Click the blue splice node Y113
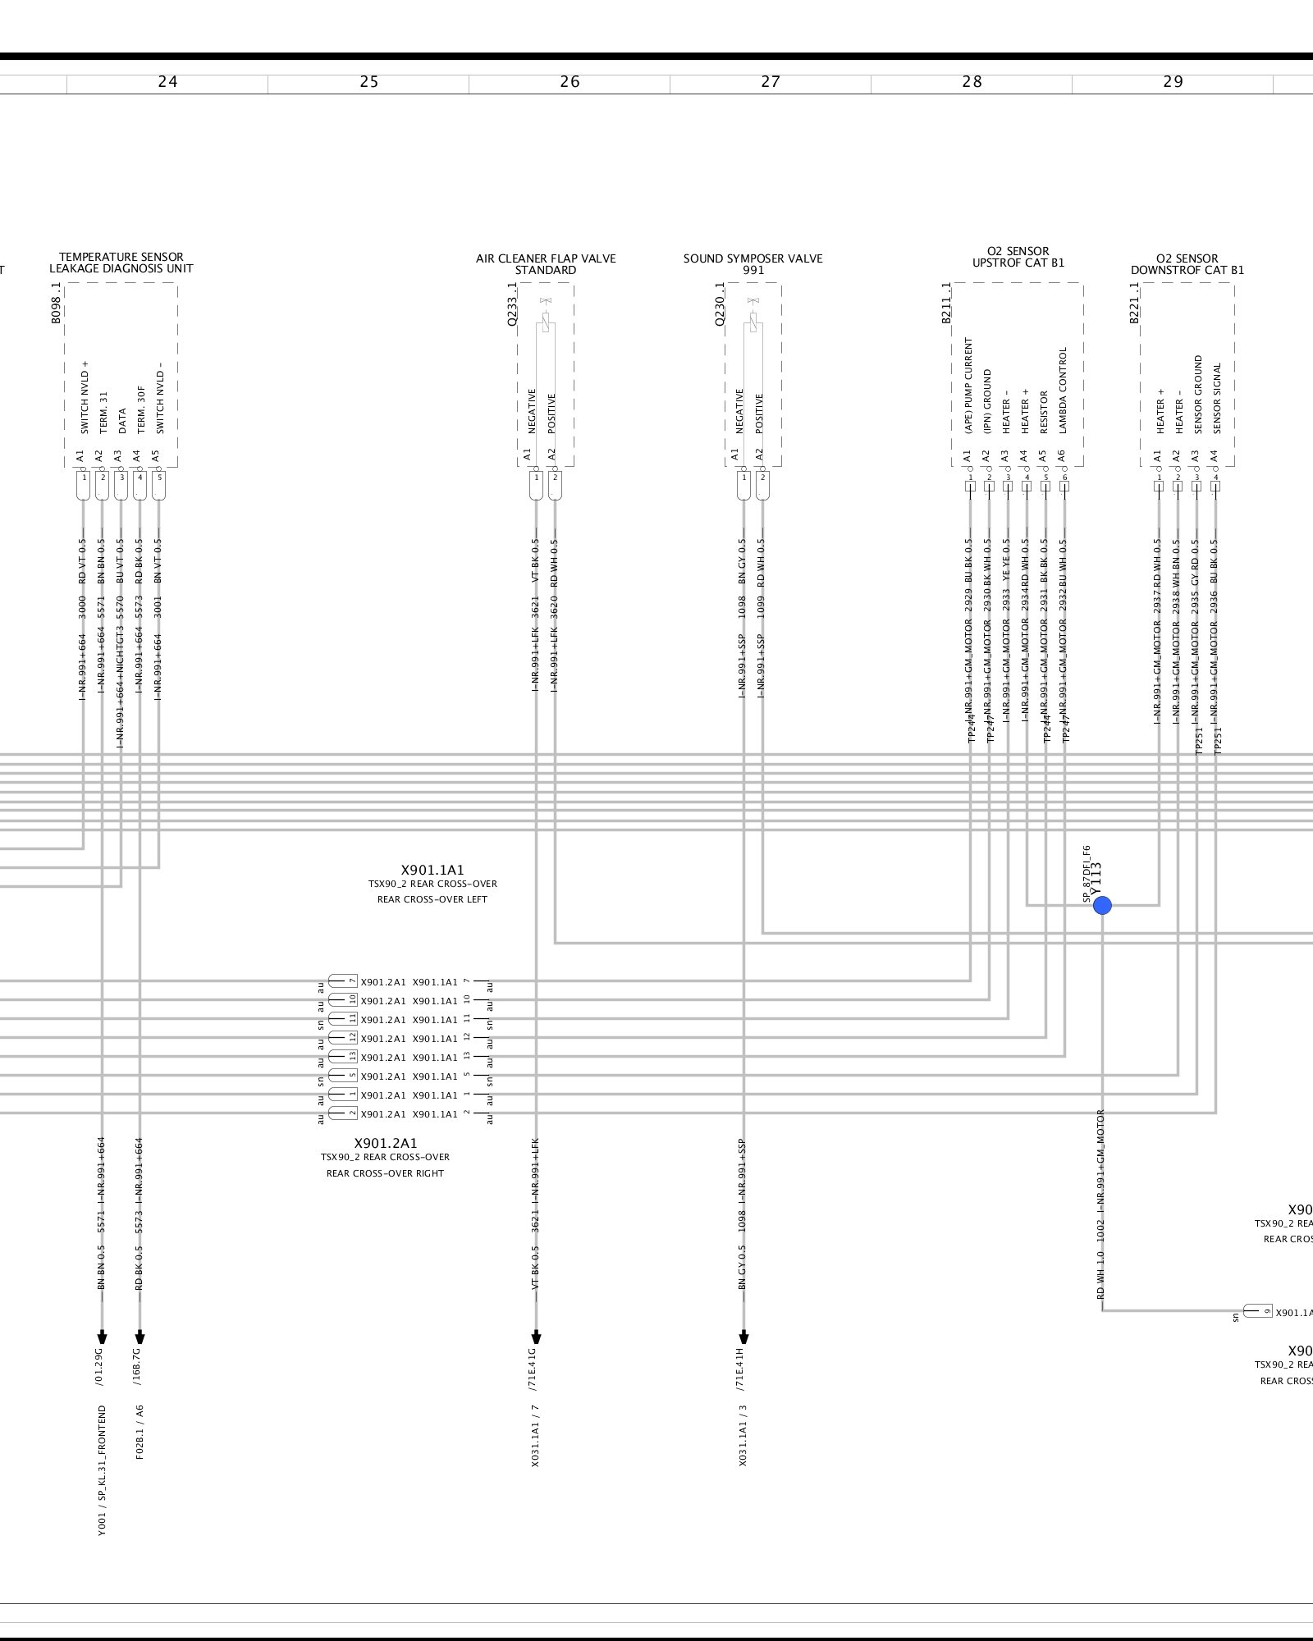[1102, 906]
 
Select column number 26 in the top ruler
[570, 81]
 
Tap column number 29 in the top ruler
[1173, 81]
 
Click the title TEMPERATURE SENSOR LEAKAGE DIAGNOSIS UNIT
[121, 263]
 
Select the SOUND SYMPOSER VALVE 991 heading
[753, 264]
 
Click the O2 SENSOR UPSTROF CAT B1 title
[1018, 257]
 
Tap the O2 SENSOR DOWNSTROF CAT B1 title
[1187, 264]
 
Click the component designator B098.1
[57, 304]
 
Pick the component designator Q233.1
[512, 305]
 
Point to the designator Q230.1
[720, 305]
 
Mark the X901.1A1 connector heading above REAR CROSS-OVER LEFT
[432, 871]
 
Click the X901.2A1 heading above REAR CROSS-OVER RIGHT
[386, 1143]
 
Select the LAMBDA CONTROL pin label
[1064, 391]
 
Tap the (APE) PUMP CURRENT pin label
[968, 386]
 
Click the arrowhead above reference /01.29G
[102, 1336]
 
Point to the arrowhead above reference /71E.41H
[744, 1336]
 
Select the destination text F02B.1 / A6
[140, 1433]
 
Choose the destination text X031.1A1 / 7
[536, 1435]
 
